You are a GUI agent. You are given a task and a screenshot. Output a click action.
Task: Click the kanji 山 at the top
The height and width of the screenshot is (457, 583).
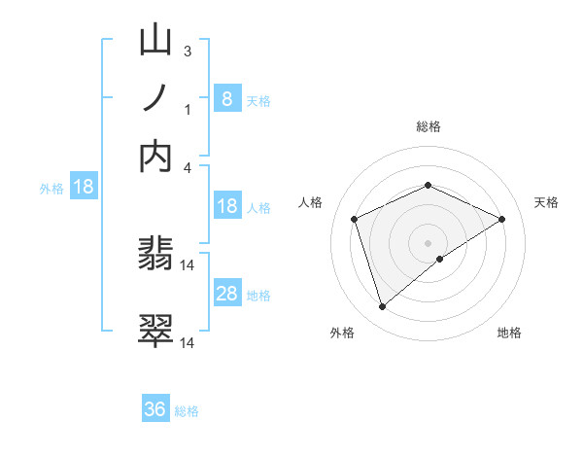click(156, 44)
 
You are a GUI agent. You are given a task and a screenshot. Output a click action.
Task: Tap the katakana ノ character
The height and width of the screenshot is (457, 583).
click(156, 99)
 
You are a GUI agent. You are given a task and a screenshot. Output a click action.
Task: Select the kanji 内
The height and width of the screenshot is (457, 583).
click(156, 156)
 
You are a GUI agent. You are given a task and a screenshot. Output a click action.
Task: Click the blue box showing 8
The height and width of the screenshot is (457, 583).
click(226, 98)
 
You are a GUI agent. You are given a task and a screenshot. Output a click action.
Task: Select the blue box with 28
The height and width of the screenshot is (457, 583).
click(226, 294)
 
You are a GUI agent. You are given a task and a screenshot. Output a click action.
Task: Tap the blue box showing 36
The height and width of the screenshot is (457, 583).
click(155, 409)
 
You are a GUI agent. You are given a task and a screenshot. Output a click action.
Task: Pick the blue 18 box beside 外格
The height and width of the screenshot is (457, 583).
click(83, 187)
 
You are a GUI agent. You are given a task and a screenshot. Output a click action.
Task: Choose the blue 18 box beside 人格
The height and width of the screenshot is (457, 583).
click(226, 206)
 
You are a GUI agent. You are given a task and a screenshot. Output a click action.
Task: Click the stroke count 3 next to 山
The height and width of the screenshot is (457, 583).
click(188, 52)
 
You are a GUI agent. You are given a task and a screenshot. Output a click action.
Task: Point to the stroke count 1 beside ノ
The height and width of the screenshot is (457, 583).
click(188, 109)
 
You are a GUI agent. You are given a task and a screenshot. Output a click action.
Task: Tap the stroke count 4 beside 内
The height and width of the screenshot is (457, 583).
click(188, 166)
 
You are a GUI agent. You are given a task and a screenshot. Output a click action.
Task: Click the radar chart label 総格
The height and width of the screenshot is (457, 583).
click(428, 126)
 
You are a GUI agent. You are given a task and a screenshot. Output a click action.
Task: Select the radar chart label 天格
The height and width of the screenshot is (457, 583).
click(546, 202)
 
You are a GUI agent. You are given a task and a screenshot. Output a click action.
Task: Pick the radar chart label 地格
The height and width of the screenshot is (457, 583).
click(509, 333)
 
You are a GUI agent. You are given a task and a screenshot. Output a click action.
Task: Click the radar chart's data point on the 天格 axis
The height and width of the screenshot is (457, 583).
click(501, 219)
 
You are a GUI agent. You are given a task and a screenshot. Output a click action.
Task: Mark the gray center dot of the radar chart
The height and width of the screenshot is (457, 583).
click(428, 242)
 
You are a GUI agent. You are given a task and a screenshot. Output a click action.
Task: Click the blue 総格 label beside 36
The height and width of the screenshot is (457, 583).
click(187, 410)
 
